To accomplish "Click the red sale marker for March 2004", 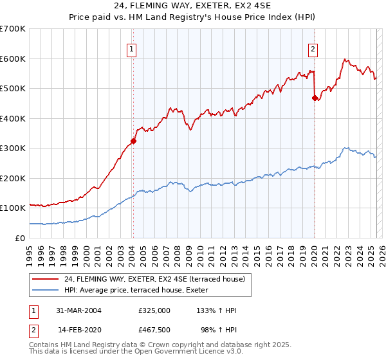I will (133, 141).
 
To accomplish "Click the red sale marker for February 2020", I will (315, 98).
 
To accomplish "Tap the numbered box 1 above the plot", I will (131, 49).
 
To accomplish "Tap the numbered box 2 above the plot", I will (313, 49).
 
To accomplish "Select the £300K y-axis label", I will (12, 148).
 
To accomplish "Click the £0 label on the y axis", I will (21, 238).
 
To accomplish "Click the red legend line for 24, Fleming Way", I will (45, 280).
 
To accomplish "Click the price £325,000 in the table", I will (154, 310).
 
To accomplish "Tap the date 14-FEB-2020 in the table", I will (79, 328).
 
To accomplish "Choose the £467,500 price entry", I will (154, 328).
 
